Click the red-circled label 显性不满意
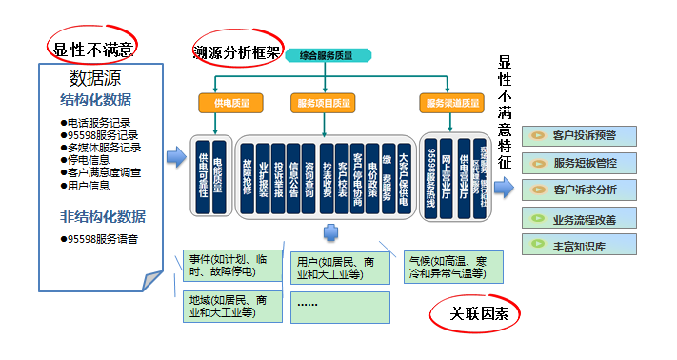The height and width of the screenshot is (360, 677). [x=92, y=49]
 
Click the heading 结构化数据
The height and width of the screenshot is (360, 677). [x=95, y=100]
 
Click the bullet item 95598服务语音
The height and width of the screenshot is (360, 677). [x=102, y=237]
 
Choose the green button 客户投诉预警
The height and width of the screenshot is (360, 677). [x=582, y=136]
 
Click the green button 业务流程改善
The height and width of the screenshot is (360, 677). [x=582, y=218]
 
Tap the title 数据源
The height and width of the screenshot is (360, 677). [x=95, y=78]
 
